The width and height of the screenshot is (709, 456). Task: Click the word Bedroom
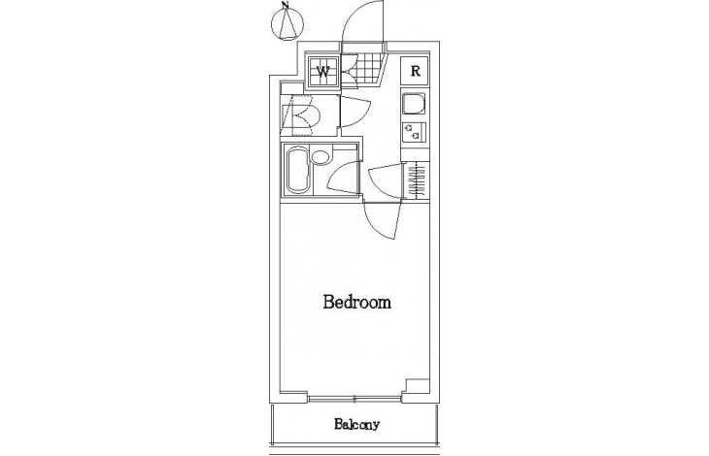click(356, 302)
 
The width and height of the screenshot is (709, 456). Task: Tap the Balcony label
click(356, 424)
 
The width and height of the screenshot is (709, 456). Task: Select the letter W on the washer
click(322, 72)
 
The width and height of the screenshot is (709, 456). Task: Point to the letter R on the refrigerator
click(415, 71)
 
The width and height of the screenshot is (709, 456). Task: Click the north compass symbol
click(287, 24)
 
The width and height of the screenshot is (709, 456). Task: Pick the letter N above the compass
click(285, 6)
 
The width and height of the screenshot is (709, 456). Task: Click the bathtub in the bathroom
click(297, 171)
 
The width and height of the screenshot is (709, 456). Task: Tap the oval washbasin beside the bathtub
click(321, 156)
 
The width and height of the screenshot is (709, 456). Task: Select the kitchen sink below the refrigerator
click(414, 104)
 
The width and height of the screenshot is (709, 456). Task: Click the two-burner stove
click(414, 132)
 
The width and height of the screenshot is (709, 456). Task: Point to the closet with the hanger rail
click(416, 179)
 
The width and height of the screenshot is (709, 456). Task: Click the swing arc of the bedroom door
click(382, 221)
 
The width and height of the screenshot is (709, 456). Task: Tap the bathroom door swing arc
click(342, 178)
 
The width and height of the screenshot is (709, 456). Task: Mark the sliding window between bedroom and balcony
click(354, 399)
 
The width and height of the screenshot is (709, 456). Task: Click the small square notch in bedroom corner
click(417, 386)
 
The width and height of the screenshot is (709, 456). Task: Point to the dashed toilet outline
click(301, 115)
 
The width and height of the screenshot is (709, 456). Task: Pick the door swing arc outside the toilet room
click(355, 113)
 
